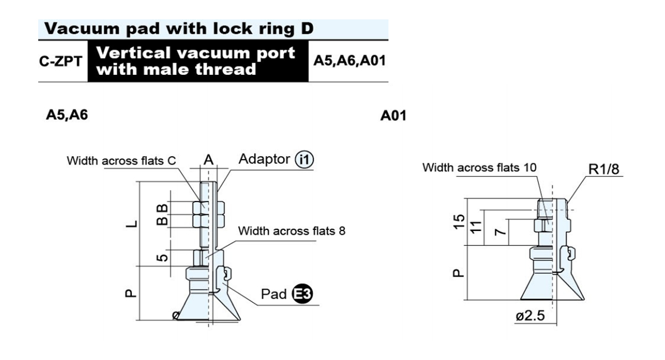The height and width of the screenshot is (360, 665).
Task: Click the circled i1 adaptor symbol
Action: pos(304,160)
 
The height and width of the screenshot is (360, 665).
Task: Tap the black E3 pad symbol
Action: pos(302,294)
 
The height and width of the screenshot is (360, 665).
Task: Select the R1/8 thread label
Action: pos(604,169)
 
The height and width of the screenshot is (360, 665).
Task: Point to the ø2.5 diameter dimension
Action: pos(530,316)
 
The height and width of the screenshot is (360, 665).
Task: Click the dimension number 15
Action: pos(459,222)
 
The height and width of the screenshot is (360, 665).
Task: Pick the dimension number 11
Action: pos(476,227)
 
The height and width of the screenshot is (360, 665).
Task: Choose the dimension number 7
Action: pos(500,231)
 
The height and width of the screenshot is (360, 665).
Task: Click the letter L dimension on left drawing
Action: pos(131,224)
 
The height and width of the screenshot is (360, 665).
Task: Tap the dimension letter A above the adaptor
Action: pos(208,160)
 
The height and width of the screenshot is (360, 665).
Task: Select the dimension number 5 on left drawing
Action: pos(162,258)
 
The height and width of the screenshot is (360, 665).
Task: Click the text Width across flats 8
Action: pos(291,231)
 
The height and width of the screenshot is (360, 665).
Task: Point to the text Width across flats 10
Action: pos(479,167)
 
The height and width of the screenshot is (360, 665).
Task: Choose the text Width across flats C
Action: pos(121,161)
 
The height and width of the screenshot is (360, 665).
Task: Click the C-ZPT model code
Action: pos(60,61)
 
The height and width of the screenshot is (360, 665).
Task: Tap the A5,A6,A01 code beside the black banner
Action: pos(350,61)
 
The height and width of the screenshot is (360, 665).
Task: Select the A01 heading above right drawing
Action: pos(393,115)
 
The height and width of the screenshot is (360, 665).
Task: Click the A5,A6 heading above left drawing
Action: pos(67,115)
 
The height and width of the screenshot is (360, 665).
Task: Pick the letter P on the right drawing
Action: pos(458,273)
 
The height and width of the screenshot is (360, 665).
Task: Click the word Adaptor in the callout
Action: pos(264,160)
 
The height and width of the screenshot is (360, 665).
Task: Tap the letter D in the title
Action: pos(308,28)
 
